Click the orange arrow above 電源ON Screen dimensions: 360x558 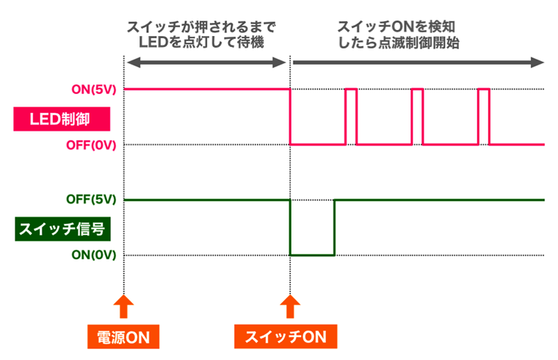click(x=123, y=306)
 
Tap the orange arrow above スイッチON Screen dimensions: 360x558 click(x=291, y=306)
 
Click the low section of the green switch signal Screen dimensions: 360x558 click(x=312, y=254)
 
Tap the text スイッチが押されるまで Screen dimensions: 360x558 click(x=201, y=27)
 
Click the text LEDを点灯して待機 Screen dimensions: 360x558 click(x=201, y=43)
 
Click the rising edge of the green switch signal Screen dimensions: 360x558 click(x=335, y=228)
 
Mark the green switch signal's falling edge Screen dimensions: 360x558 click(x=291, y=228)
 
